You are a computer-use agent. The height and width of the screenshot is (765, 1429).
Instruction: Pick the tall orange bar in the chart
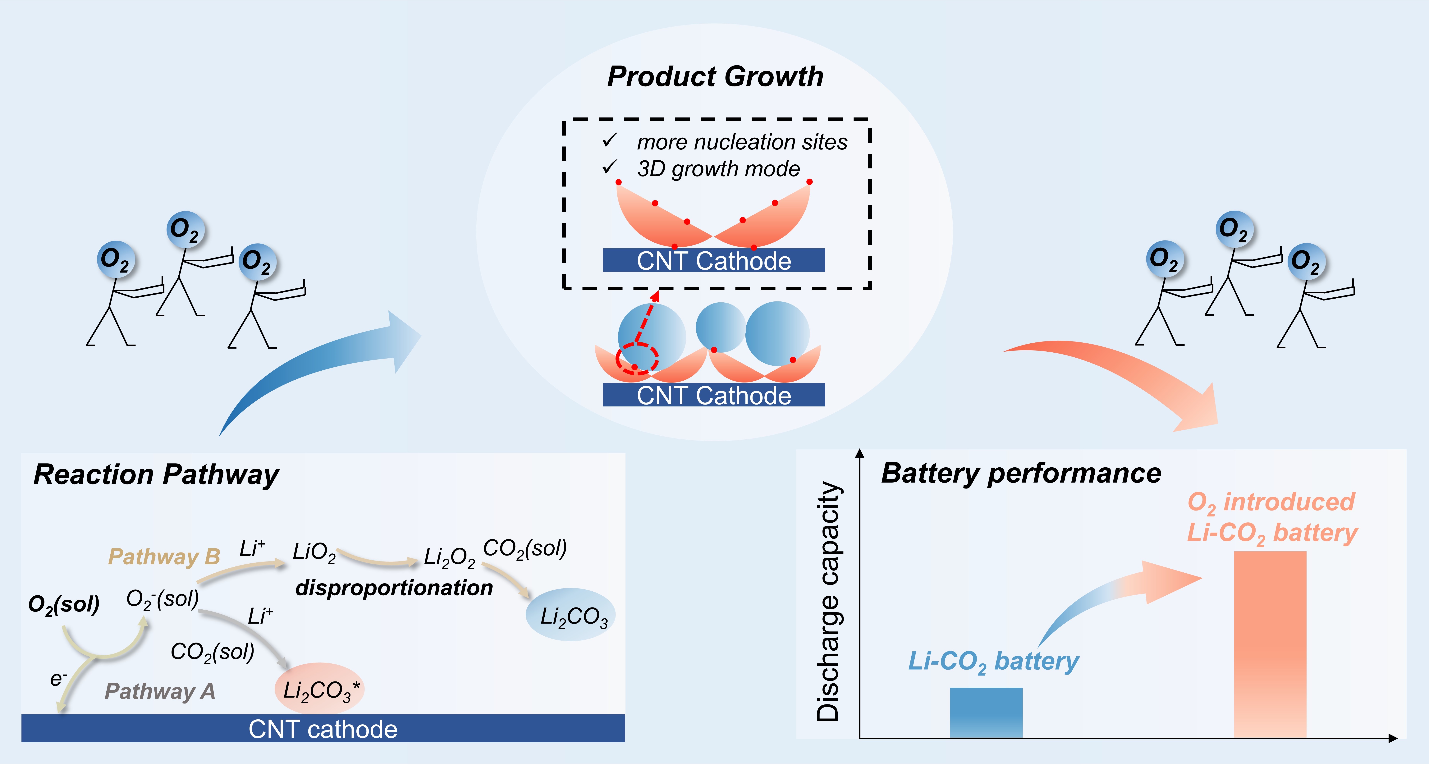1270,644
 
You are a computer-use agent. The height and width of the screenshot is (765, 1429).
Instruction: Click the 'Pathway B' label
164,557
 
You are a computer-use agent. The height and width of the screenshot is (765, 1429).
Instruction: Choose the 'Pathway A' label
160,691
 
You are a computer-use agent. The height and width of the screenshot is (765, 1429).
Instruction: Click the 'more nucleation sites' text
742,142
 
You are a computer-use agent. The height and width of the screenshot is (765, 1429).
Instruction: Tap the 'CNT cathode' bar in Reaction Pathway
323,728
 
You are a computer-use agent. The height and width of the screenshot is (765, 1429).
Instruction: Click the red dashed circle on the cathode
637,358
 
